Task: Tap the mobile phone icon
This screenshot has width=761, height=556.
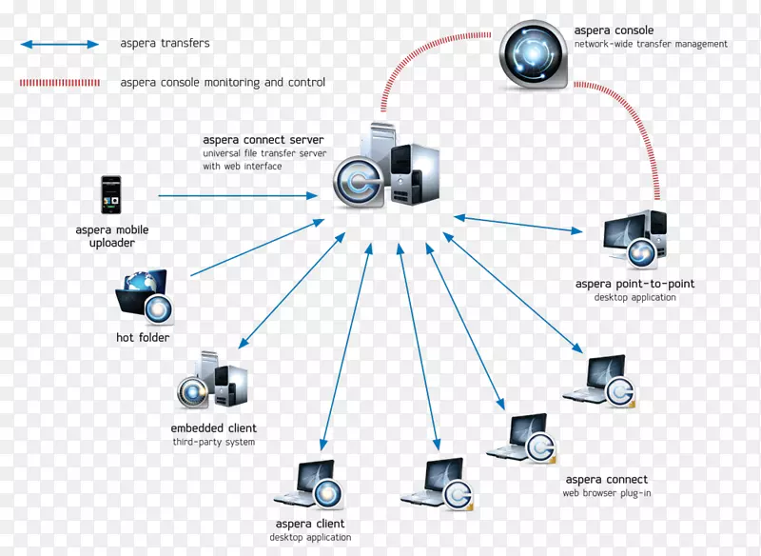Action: [x=112, y=195]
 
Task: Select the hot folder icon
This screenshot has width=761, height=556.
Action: [x=144, y=296]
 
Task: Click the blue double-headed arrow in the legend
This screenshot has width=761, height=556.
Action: [x=59, y=44]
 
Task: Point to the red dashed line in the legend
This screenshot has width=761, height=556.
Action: [x=59, y=83]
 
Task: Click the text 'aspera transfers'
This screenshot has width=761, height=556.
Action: [x=165, y=44]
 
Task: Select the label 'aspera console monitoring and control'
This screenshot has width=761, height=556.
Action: [x=223, y=83]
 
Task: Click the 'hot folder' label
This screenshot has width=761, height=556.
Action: [x=143, y=338]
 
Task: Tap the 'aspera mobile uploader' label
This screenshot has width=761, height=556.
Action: [x=112, y=236]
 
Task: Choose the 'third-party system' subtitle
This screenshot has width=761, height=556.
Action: [x=213, y=443]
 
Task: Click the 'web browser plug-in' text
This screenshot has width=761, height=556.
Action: [x=607, y=494]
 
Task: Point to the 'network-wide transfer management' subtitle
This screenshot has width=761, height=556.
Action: [x=651, y=45]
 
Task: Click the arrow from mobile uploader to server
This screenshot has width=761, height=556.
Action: [x=238, y=196]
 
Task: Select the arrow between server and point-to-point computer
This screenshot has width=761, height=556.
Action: [x=518, y=224]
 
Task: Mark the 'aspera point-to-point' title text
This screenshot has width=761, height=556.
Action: [x=634, y=284]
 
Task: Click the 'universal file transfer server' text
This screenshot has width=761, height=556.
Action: [x=264, y=153]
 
